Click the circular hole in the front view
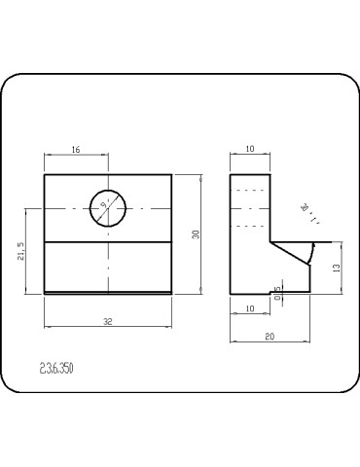(108, 207)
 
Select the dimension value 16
(76, 150)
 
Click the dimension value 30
(196, 234)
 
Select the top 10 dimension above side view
(249, 150)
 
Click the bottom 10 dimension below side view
(249, 308)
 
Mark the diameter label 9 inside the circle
(104, 204)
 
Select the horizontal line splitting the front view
(108, 240)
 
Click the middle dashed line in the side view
(249, 209)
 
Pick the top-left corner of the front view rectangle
(45, 174)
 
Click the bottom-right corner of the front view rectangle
(171, 293)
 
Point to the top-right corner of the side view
(269, 174)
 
